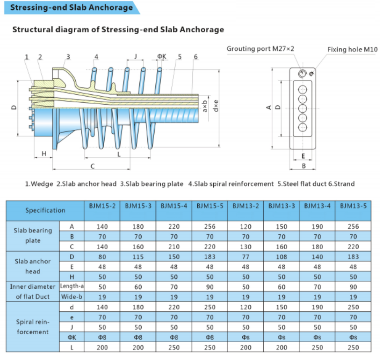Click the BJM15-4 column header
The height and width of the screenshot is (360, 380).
click(x=174, y=206)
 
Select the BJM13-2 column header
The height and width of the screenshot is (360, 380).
click(x=246, y=206)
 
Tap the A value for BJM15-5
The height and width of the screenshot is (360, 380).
click(x=210, y=226)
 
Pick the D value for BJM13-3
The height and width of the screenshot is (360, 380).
click(x=281, y=257)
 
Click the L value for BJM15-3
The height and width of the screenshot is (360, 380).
click(x=138, y=347)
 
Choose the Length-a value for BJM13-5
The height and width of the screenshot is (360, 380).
click(x=353, y=287)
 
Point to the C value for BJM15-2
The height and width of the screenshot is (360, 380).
click(x=102, y=246)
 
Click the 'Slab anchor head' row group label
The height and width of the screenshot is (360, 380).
click(x=33, y=266)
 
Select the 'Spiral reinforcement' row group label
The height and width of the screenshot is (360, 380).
click(x=33, y=327)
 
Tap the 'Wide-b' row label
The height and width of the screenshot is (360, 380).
click(x=72, y=297)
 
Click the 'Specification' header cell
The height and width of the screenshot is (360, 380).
click(x=45, y=210)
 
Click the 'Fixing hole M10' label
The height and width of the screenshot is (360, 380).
click(x=352, y=50)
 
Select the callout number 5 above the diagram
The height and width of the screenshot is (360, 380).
click(x=180, y=57)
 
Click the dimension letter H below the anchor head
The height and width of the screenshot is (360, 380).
click(x=44, y=154)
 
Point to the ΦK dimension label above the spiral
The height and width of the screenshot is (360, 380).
click(x=161, y=57)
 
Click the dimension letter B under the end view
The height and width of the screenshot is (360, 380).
click(x=304, y=166)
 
